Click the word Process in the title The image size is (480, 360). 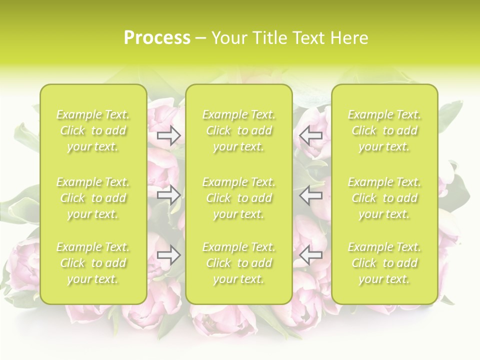(157, 38)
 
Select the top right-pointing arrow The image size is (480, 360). (169, 135)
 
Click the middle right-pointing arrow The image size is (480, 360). (169, 195)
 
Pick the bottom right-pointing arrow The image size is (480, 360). (169, 255)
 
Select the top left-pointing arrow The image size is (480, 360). (311, 135)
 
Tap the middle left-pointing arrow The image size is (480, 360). (311, 195)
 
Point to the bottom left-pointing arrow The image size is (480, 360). (311, 255)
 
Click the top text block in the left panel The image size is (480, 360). (93, 131)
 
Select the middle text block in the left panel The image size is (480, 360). (93, 198)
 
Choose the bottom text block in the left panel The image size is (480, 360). (93, 263)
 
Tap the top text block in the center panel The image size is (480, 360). (239, 131)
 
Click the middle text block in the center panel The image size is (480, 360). (239, 198)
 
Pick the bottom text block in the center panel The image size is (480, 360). (239, 263)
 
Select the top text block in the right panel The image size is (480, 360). (384, 131)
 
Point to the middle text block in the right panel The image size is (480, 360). (384, 198)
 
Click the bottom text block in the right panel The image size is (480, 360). (384, 263)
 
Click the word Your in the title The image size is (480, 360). (228, 38)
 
